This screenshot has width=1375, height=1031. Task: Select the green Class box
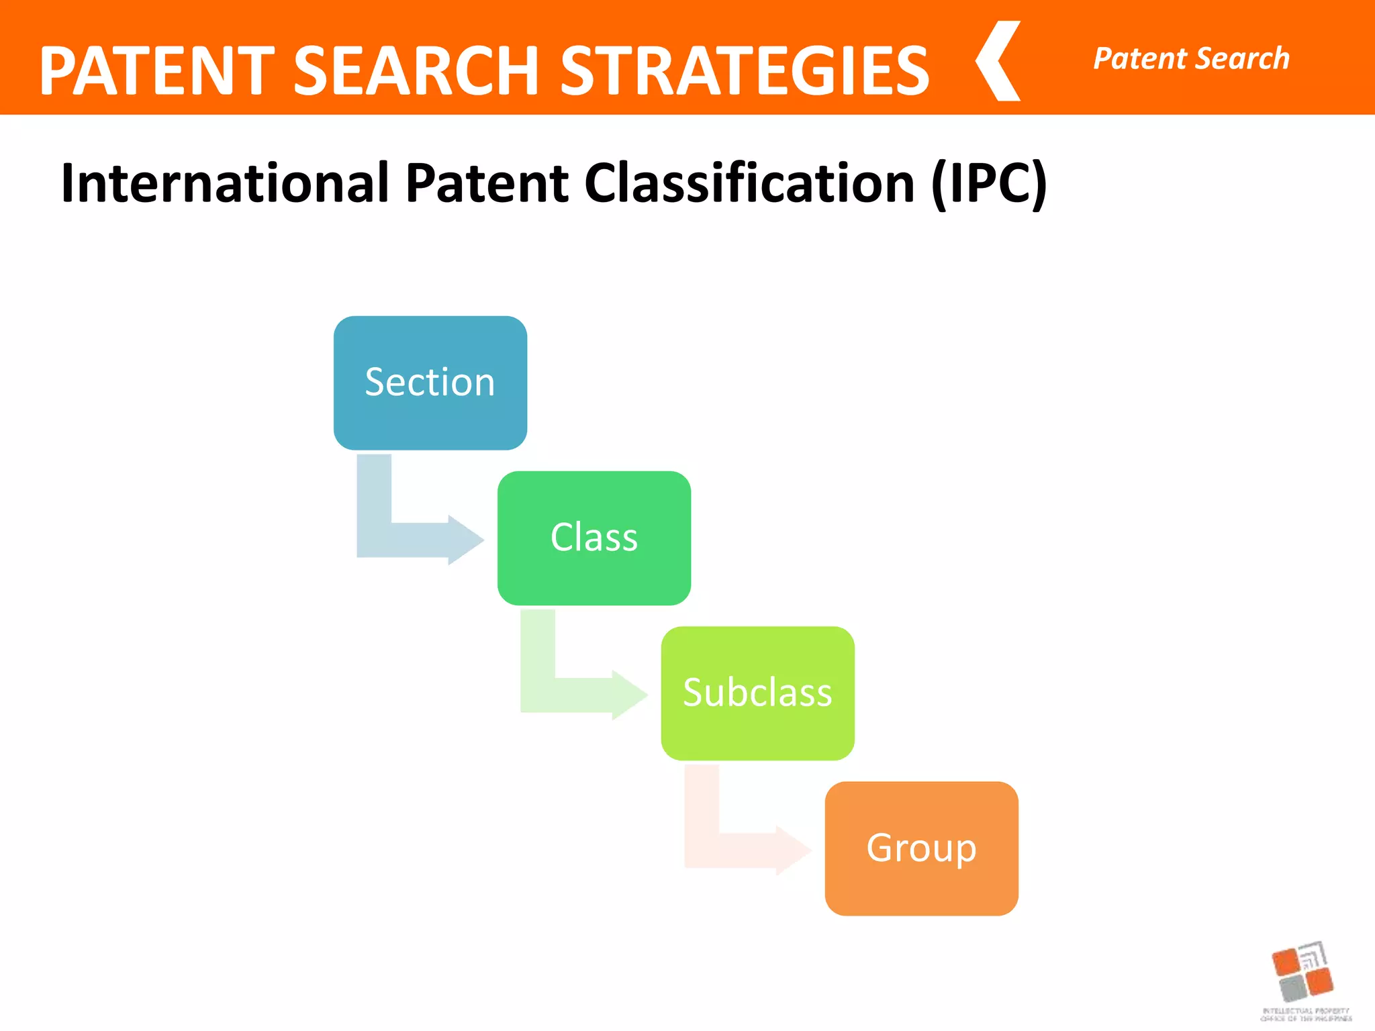coord(594,571)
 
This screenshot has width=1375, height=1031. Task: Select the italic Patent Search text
coord(1191,58)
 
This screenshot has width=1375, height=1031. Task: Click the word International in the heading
coord(225,183)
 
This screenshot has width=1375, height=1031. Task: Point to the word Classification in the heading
coord(749,183)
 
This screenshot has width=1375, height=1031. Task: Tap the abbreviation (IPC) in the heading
coord(988,183)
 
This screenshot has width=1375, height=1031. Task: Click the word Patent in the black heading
coord(487,183)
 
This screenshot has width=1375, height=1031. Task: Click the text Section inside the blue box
coord(430,382)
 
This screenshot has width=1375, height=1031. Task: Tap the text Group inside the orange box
coord(921,848)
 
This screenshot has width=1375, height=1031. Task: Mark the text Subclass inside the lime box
coord(757,692)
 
